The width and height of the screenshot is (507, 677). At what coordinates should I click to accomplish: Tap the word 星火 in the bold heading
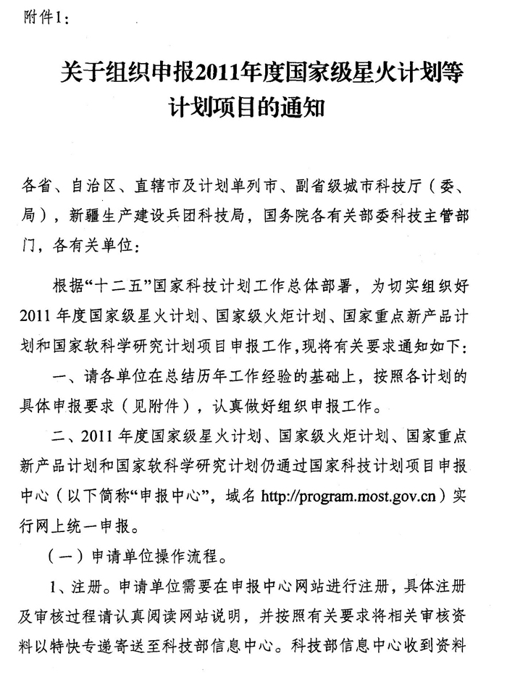(x=370, y=73)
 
